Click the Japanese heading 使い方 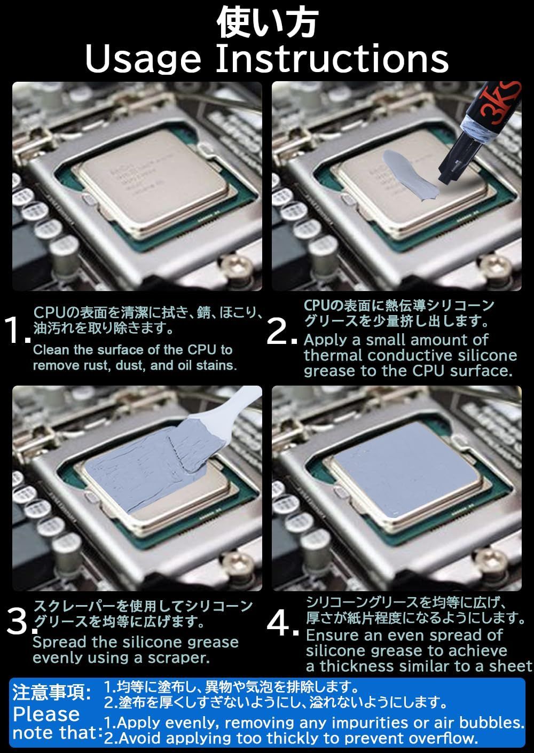267,23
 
